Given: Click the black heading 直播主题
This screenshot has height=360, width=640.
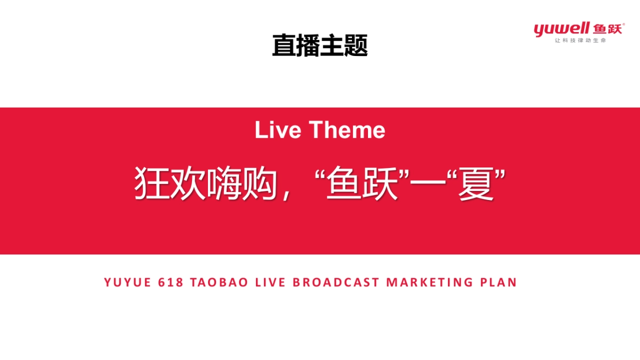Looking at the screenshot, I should click(x=319, y=45).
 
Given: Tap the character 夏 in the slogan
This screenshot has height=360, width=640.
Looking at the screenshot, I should click(x=475, y=184).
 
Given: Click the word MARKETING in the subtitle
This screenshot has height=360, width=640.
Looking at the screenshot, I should click(x=429, y=282).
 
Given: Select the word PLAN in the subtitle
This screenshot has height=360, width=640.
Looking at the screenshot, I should click(x=499, y=282).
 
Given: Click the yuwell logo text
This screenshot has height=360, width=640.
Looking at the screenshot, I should click(x=561, y=29).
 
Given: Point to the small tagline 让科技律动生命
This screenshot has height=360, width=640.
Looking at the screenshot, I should click(x=580, y=41).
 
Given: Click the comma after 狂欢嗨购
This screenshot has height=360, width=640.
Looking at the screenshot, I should click(x=287, y=195).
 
